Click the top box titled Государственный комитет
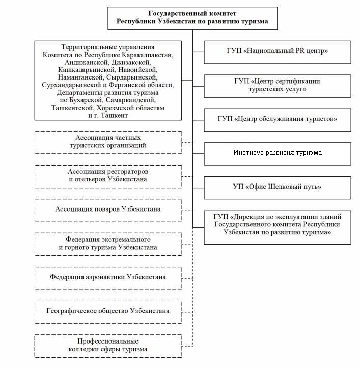click(x=192, y=18)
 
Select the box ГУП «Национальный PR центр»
click(x=278, y=52)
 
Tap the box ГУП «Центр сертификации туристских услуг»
click(x=278, y=86)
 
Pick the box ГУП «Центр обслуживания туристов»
click(x=278, y=120)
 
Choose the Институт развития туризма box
click(x=278, y=154)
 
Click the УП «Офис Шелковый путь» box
click(x=278, y=188)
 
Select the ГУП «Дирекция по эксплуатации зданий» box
click(x=278, y=227)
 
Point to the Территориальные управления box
click(x=108, y=81)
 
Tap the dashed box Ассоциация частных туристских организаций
click(x=108, y=143)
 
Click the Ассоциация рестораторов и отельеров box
click(x=108, y=176)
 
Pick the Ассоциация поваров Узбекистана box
click(x=108, y=211)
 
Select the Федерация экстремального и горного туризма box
click(x=108, y=244)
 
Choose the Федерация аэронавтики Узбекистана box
click(x=108, y=278)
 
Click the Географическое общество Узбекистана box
click(x=108, y=312)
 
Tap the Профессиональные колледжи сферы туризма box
click(x=108, y=346)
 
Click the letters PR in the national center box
click(x=300, y=50)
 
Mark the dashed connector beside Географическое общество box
click(x=187, y=312)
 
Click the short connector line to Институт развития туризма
click(x=199, y=154)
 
